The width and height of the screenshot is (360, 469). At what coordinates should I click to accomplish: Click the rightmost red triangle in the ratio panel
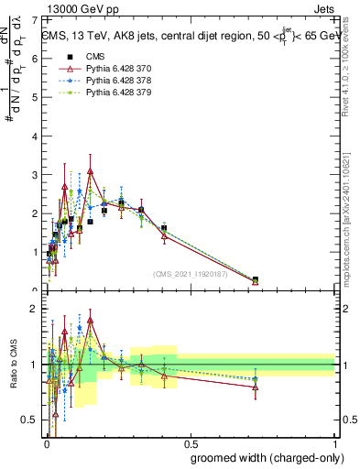click(x=255, y=387)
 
